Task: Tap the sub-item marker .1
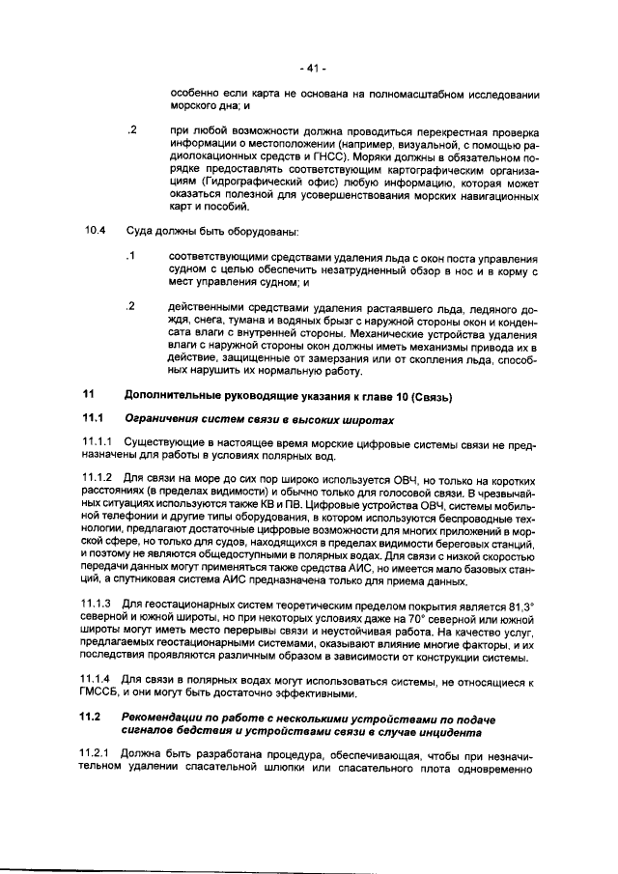(132, 256)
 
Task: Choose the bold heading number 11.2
(93, 721)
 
